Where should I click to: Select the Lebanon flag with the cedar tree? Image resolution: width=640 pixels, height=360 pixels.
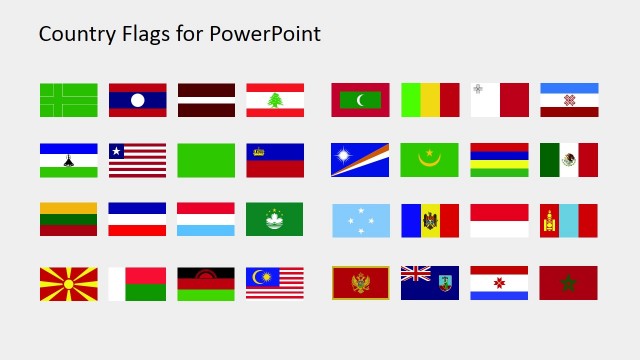[x=275, y=100]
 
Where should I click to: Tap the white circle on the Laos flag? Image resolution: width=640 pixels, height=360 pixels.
[x=137, y=100]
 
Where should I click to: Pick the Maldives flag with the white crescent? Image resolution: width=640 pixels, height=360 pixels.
[x=360, y=100]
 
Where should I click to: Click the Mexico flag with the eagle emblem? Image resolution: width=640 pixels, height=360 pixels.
[x=568, y=160]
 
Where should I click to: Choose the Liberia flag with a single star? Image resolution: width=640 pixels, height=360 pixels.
[x=137, y=160]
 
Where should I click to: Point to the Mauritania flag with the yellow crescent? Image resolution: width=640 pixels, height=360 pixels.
[x=430, y=160]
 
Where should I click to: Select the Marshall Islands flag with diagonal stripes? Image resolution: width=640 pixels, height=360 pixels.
[x=360, y=160]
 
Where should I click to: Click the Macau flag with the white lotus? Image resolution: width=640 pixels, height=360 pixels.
[x=275, y=219]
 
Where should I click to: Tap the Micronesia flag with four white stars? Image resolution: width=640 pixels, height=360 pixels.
[x=360, y=219]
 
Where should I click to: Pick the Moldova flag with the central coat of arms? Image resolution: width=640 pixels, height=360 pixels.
[x=430, y=219]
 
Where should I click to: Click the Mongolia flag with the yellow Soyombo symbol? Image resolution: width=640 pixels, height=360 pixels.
[x=568, y=219]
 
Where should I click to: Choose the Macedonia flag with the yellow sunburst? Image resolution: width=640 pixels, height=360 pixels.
[x=68, y=283]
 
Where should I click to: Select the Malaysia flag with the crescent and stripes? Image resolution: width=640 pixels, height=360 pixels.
[x=275, y=283]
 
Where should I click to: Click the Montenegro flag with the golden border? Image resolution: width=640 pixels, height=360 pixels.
[x=360, y=283]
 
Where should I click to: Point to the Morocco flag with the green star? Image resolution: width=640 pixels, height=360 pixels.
[x=568, y=283]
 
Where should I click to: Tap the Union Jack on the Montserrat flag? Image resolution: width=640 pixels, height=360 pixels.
[x=415, y=275]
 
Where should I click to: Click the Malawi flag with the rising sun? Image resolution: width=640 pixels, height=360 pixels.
[x=206, y=283]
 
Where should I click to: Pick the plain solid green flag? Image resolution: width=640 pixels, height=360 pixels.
[x=206, y=160]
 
